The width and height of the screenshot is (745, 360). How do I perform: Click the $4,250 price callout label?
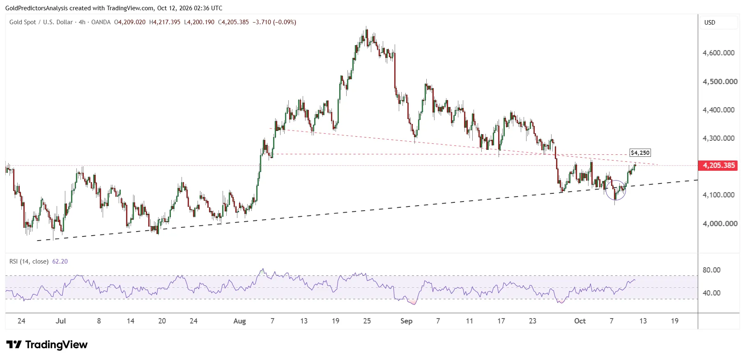640,153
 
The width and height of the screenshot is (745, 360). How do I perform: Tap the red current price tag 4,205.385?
719,165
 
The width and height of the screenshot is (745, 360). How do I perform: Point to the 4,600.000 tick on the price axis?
719,53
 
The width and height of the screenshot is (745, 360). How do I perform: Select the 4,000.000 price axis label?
719,224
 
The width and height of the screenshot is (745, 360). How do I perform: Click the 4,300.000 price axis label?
719,138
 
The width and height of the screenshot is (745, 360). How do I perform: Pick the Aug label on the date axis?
239,321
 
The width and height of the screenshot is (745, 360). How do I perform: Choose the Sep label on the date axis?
406,321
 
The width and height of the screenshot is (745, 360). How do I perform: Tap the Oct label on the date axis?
580,321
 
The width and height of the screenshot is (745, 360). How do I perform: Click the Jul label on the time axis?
61,321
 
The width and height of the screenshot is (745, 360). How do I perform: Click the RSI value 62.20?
60,261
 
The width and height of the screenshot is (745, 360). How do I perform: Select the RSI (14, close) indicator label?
29,261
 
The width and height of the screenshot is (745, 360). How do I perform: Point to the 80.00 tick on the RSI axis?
711,270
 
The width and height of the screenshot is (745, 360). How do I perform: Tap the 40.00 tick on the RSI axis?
711,293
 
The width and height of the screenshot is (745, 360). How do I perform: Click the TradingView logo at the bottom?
47,345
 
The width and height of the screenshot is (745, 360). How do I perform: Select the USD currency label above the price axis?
710,23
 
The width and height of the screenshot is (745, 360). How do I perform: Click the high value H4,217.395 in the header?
165,22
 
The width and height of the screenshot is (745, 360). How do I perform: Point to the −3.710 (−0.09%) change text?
274,22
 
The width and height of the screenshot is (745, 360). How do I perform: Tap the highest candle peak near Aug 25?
367,27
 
